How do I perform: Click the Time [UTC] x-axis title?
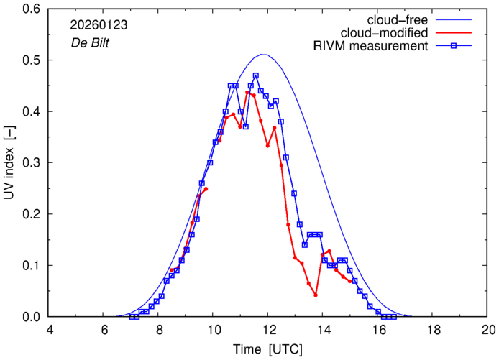268,349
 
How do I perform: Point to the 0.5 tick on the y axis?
35,60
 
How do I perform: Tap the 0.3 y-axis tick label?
35,163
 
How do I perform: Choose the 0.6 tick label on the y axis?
35,9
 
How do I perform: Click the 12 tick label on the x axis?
268,331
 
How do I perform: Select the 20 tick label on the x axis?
488,331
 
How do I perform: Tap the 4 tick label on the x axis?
49,331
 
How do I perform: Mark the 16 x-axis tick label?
378,331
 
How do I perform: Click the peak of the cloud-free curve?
264,55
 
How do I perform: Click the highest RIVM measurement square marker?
255,75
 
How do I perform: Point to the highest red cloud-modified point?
247,93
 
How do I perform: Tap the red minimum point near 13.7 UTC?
316,295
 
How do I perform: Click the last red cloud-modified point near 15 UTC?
349,281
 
